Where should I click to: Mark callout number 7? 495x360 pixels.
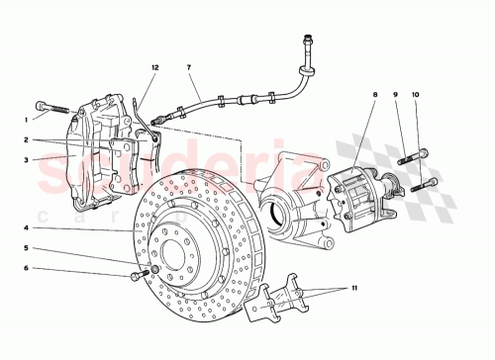(x=189, y=68)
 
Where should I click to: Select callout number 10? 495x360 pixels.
(x=416, y=96)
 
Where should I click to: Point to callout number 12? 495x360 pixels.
(x=154, y=67)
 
